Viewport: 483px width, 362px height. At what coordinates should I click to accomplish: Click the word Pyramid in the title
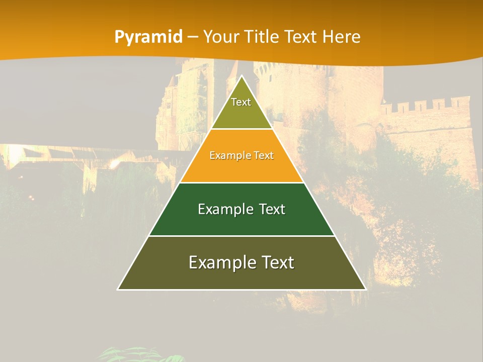pyautogui.click(x=148, y=37)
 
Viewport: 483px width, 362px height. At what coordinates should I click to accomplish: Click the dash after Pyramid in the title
pyautogui.click(x=192, y=37)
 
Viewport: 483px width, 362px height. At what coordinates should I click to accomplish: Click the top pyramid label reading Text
pyautogui.click(x=241, y=102)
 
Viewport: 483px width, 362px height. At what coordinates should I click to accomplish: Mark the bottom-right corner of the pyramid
pyautogui.click(x=365, y=289)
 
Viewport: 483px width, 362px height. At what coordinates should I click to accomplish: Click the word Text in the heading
pyautogui.click(x=300, y=37)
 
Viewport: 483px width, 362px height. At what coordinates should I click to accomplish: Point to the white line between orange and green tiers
pyautogui.click(x=242, y=183)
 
